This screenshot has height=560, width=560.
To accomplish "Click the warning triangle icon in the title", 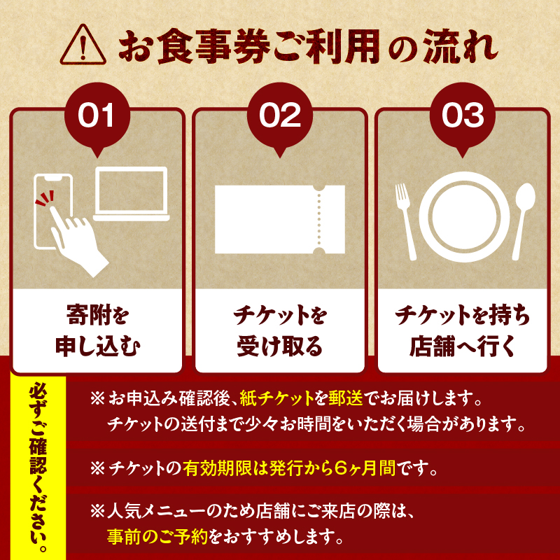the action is point(83,45).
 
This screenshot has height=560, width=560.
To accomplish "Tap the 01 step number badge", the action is point(97,117).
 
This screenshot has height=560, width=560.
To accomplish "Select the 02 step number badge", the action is point(280,117).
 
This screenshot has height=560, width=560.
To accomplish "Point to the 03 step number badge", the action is point(463,117).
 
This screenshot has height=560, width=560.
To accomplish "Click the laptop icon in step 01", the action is point(132,194).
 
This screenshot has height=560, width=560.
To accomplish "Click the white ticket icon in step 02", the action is point(280,219).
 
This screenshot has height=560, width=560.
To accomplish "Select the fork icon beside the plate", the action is point(405,221).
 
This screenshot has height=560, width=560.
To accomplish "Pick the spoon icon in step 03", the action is point(524,221).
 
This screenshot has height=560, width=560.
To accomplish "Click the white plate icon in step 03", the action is point(464,217).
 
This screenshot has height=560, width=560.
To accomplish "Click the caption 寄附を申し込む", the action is point(97,330).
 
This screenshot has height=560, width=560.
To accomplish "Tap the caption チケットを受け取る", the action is point(280,330).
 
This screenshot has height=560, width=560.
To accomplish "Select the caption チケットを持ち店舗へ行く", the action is point(463,330).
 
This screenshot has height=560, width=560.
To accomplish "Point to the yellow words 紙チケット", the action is point(277,398).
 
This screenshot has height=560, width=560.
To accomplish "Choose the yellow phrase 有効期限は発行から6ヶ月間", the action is point(289,468).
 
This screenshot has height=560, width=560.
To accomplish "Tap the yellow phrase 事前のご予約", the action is point(157,536).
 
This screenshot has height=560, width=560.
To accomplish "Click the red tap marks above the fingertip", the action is point(45,199).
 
